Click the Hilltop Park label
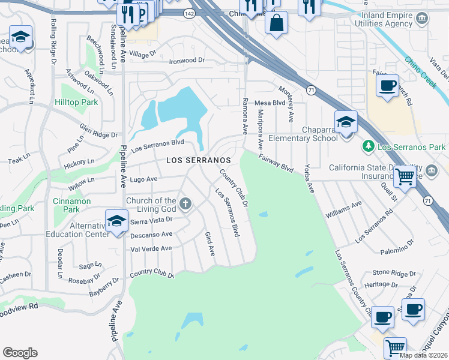(76, 103)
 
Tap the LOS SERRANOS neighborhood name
(198, 161)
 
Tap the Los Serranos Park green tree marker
(367, 146)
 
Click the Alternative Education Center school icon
(116, 221)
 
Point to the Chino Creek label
(420, 73)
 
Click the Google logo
(20, 353)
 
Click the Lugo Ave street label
(143, 179)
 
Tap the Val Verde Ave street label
(151, 248)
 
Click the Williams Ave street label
(343, 209)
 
